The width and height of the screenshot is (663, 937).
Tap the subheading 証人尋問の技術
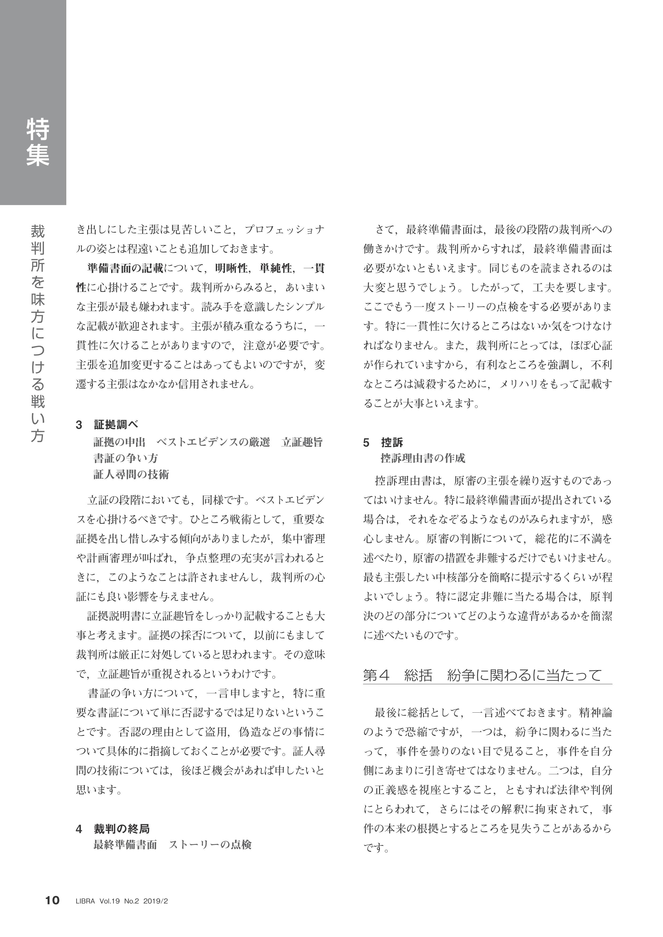coord(131,474)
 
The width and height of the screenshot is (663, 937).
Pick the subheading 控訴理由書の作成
coord(423,458)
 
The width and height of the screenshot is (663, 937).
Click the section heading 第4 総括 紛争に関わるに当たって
coord(482,676)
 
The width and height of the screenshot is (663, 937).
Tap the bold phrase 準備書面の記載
coord(125,268)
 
